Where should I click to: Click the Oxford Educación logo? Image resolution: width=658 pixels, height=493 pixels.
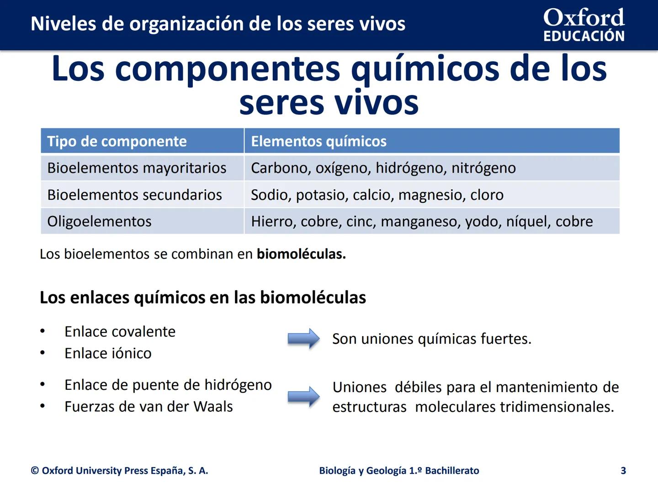[584, 25]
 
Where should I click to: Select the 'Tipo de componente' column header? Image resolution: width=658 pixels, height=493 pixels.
[117, 142]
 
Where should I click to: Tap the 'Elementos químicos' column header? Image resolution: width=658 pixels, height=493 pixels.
[318, 142]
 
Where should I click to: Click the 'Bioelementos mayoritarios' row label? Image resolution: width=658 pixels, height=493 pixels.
[137, 168]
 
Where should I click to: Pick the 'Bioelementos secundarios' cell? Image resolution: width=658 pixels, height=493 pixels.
[134, 195]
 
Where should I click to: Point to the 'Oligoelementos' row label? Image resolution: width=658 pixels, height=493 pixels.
[99, 221]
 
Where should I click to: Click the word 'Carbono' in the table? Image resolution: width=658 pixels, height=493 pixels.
[279, 168]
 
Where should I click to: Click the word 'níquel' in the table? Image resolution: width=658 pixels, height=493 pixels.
[526, 221]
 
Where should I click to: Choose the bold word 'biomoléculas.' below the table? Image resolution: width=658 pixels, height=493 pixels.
[301, 254]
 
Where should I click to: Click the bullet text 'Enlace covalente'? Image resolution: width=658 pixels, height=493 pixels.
[120, 331]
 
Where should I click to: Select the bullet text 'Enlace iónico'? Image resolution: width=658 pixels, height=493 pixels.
[108, 353]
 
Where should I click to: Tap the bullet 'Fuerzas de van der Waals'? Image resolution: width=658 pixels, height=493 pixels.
[149, 407]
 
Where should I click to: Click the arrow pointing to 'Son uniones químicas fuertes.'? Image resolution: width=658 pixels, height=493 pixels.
[303, 339]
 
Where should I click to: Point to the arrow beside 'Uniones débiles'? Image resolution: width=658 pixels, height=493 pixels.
[303, 396]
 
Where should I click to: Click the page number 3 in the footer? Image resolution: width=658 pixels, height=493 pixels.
[623, 471]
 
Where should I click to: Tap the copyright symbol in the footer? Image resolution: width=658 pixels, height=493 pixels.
[35, 471]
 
